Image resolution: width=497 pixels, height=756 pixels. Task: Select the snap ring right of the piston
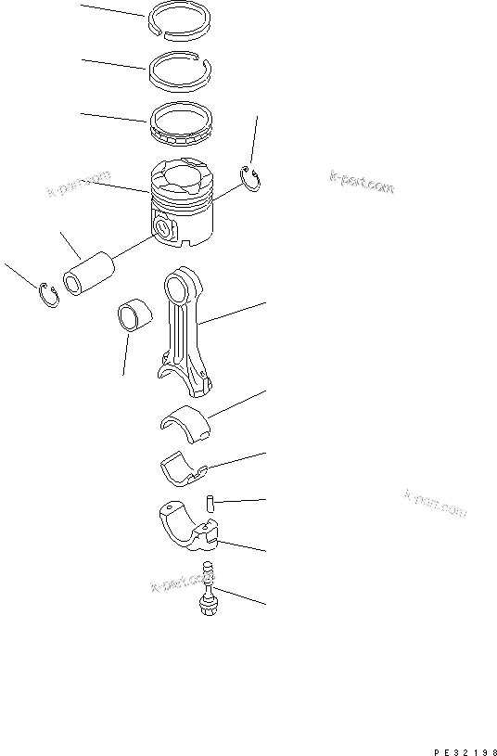point(251,178)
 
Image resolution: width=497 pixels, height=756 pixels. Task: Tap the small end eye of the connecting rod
point(181,281)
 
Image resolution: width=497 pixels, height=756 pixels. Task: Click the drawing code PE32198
point(465,745)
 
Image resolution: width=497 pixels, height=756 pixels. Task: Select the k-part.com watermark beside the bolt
point(175,583)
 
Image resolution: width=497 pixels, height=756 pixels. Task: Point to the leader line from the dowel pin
point(241,501)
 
